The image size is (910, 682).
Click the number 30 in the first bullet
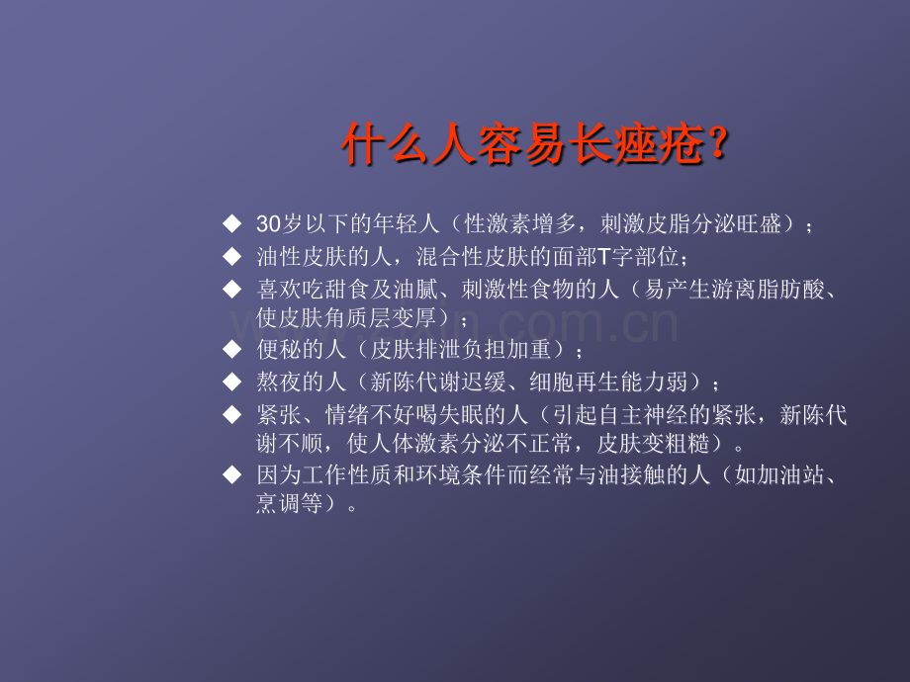(x=269, y=223)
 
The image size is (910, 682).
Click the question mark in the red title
(x=718, y=142)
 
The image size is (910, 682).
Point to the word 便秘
(x=279, y=349)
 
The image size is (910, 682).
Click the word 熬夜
(x=279, y=382)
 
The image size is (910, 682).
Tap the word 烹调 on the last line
(x=279, y=503)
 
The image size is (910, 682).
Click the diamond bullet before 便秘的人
(x=232, y=349)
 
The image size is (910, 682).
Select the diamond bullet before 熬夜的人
(x=232, y=382)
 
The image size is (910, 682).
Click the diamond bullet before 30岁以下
(x=232, y=223)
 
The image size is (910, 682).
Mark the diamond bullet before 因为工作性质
(x=232, y=474)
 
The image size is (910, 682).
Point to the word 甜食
(x=347, y=289)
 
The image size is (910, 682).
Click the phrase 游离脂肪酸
(x=768, y=289)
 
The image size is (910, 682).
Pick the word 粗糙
(x=688, y=444)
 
